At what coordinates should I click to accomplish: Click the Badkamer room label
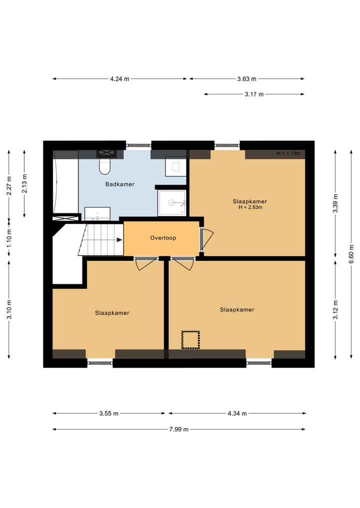pyautogui.click(x=119, y=184)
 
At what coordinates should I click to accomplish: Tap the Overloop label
pyautogui.click(x=163, y=238)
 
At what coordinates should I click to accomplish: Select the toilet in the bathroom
pyautogui.click(x=104, y=166)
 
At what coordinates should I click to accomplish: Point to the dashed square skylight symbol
pyautogui.click(x=190, y=339)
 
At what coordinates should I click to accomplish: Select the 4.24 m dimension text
pyautogui.click(x=119, y=78)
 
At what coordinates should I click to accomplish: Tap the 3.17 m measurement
pyautogui.click(x=254, y=94)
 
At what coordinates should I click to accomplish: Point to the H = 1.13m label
pyautogui.click(x=288, y=153)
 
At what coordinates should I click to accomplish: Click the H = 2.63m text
pyautogui.click(x=250, y=207)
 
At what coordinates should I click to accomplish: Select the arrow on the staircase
pyautogui.click(x=118, y=240)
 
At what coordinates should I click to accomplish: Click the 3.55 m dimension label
pyautogui.click(x=108, y=413)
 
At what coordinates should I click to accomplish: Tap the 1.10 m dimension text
pyautogui.click(x=9, y=239)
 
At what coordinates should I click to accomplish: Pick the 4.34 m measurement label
pyautogui.click(x=236, y=413)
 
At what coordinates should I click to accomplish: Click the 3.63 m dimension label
pyautogui.click(x=246, y=78)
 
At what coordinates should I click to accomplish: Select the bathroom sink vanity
pyautogui.click(x=97, y=214)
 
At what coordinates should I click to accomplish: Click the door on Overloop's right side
pyautogui.click(x=205, y=239)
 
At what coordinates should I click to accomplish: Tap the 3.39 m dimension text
pyautogui.click(x=335, y=204)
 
